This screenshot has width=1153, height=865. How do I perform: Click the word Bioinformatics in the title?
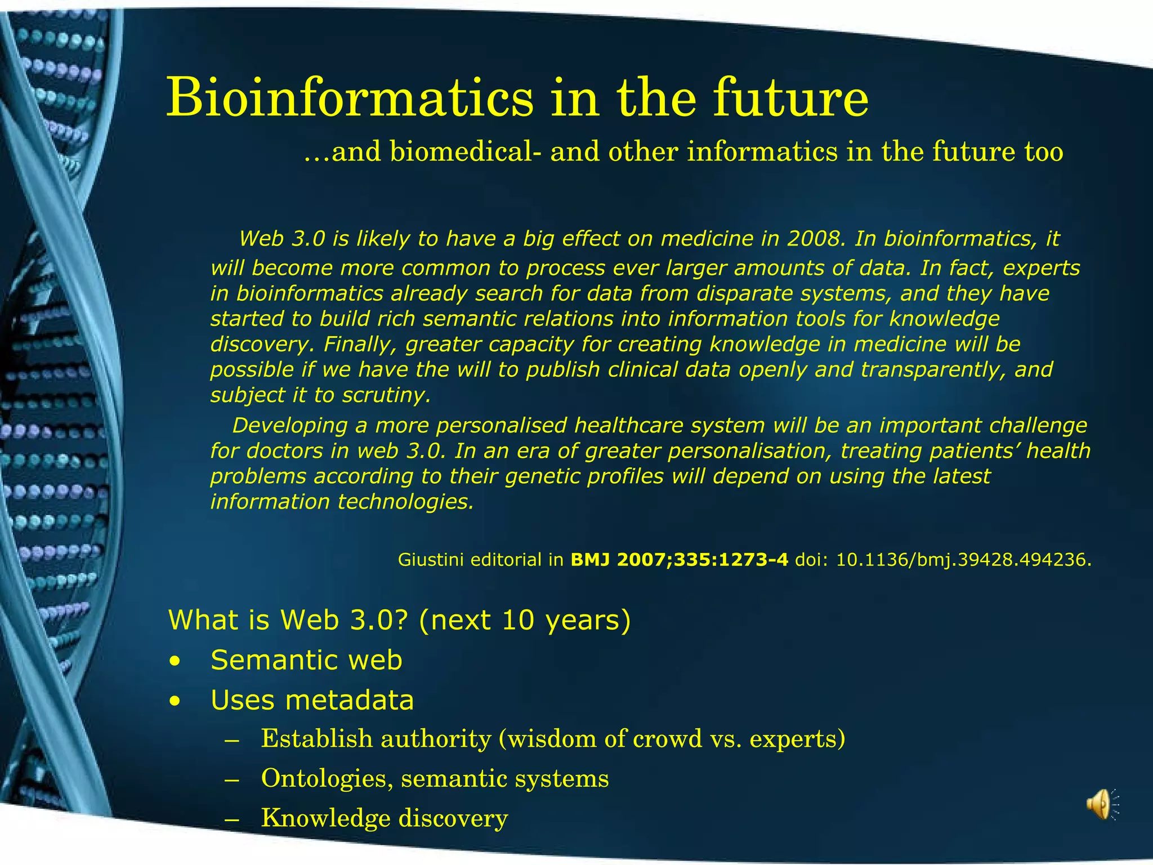click(x=349, y=99)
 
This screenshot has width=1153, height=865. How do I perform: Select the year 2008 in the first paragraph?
click(x=816, y=239)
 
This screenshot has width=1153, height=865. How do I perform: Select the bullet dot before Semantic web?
click(x=176, y=662)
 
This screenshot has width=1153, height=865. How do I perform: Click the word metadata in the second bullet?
click(x=349, y=701)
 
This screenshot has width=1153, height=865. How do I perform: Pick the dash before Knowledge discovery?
click(x=231, y=820)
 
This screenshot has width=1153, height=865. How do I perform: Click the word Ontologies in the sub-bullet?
click(x=327, y=779)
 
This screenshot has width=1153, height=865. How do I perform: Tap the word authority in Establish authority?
click(x=436, y=739)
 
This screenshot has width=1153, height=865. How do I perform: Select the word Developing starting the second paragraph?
click(x=289, y=426)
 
